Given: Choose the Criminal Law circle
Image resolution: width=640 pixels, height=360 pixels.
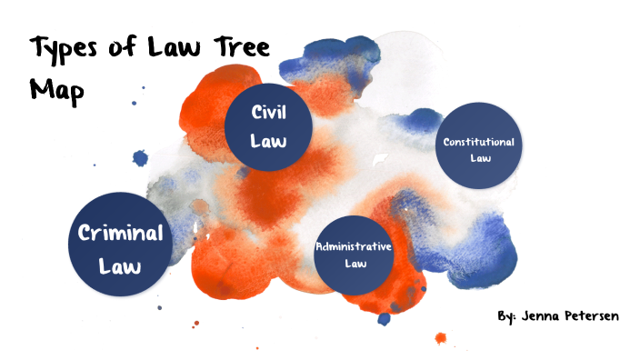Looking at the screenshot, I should point(120,245).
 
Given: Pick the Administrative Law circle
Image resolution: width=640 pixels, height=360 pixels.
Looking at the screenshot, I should point(354,255).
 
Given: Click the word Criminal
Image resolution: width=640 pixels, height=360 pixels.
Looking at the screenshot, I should point(120,233).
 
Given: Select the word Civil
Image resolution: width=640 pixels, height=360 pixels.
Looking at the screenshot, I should point(270,114).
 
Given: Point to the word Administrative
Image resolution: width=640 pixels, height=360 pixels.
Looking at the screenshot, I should point(354,246).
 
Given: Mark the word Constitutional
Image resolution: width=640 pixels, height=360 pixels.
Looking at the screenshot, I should point(478,142).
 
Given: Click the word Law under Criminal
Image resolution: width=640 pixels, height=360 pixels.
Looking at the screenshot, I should point(120,266).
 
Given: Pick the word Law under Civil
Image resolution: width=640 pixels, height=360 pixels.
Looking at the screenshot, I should point(270,142).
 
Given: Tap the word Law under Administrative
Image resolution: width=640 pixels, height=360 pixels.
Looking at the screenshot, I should point(354,264).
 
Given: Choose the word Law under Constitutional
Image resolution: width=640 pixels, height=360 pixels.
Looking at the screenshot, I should point(479,157).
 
